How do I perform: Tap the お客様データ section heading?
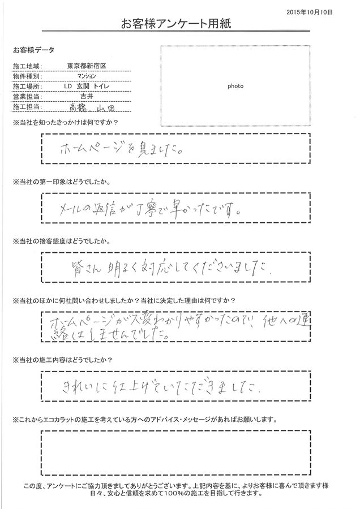31,50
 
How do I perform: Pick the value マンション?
83,76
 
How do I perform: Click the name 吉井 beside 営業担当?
83,97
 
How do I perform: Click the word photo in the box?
235,87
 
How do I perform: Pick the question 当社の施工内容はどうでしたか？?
59,360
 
